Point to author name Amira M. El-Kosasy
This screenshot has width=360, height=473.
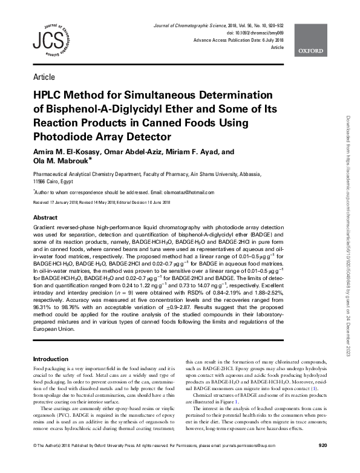pos(64,151)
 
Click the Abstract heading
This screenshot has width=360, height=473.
pos(45,217)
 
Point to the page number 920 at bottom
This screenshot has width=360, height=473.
pos(322,463)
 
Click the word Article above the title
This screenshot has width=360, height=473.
pos(44,77)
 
